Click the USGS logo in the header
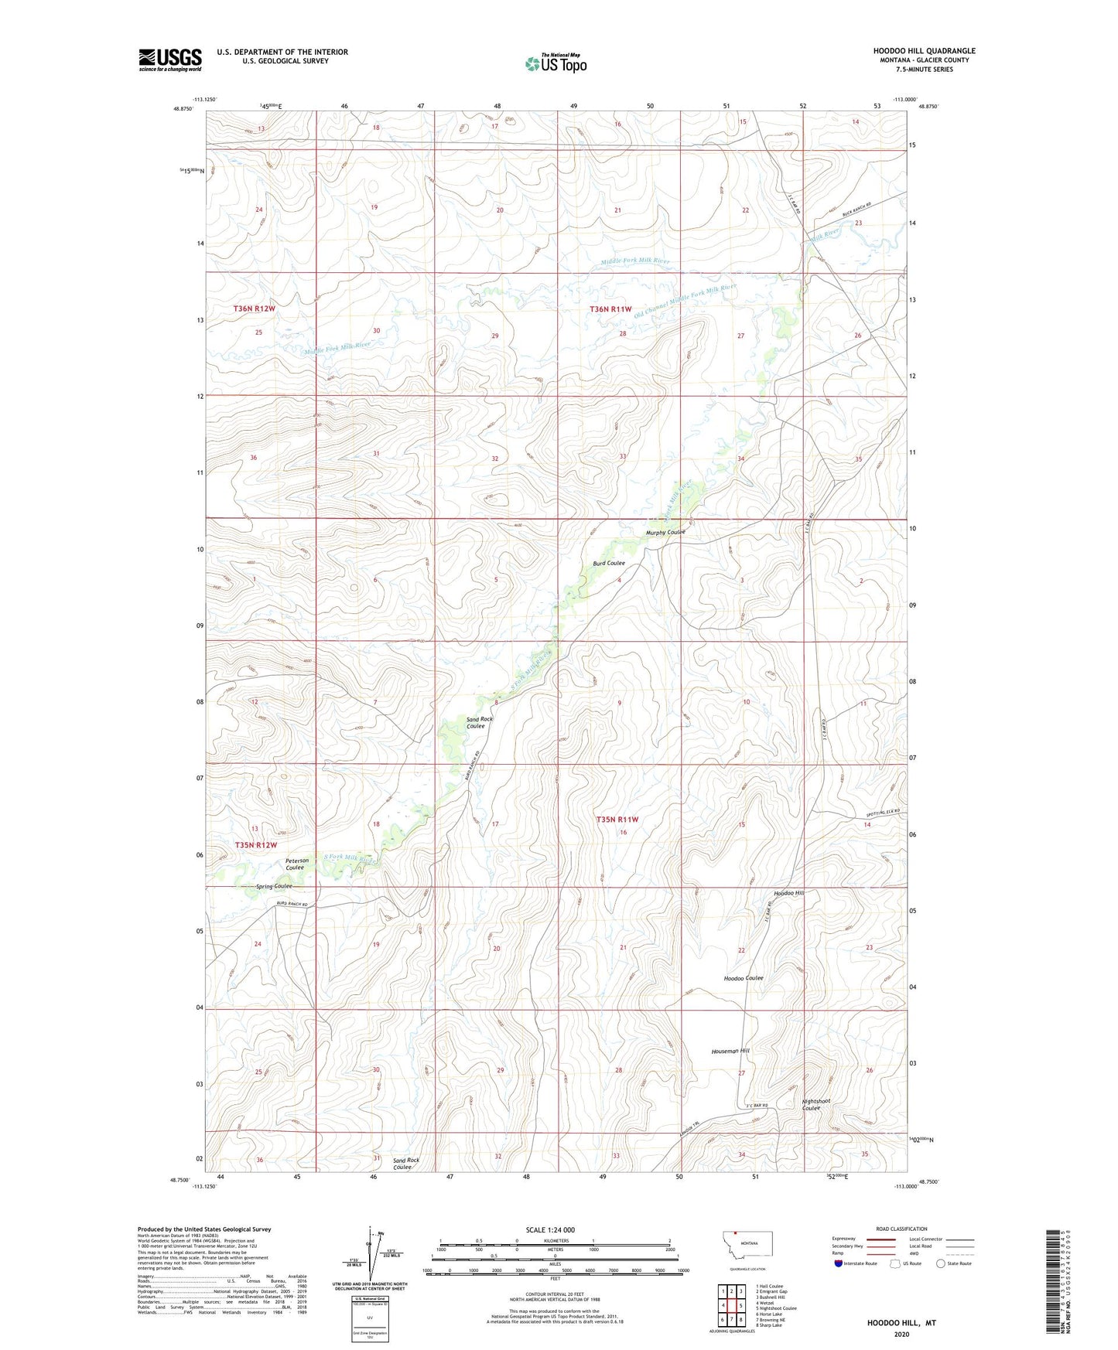pyautogui.click(x=170, y=59)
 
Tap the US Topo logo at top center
pyautogui.click(x=556, y=63)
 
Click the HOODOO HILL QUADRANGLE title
pyautogui.click(x=924, y=51)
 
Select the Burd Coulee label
pyautogui.click(x=608, y=563)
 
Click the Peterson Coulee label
pyautogui.click(x=297, y=864)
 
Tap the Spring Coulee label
pyautogui.click(x=274, y=886)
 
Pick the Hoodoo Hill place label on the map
pyautogui.click(x=788, y=893)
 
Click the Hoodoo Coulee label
pyautogui.click(x=743, y=978)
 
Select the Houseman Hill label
pyautogui.click(x=730, y=1051)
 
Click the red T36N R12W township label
pyautogui.click(x=255, y=309)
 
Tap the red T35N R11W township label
pyautogui.click(x=617, y=820)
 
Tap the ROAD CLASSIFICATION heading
pyautogui.click(x=901, y=1229)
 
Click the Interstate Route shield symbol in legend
pyautogui.click(x=838, y=1263)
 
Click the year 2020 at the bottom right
pyautogui.click(x=901, y=1334)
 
